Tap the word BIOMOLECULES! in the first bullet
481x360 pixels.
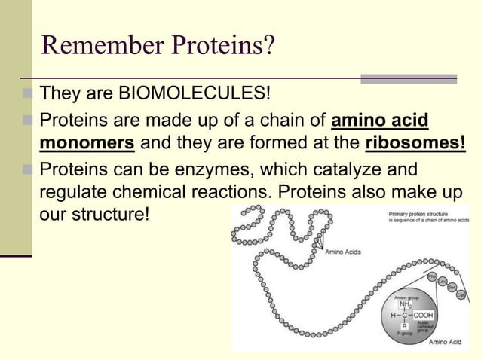coord(191,95)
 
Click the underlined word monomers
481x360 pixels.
coord(86,143)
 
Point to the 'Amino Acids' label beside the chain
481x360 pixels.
coord(342,252)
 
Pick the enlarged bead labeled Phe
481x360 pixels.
coord(433,277)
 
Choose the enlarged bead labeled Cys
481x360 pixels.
coord(461,296)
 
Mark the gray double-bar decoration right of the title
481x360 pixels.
coord(409,78)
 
